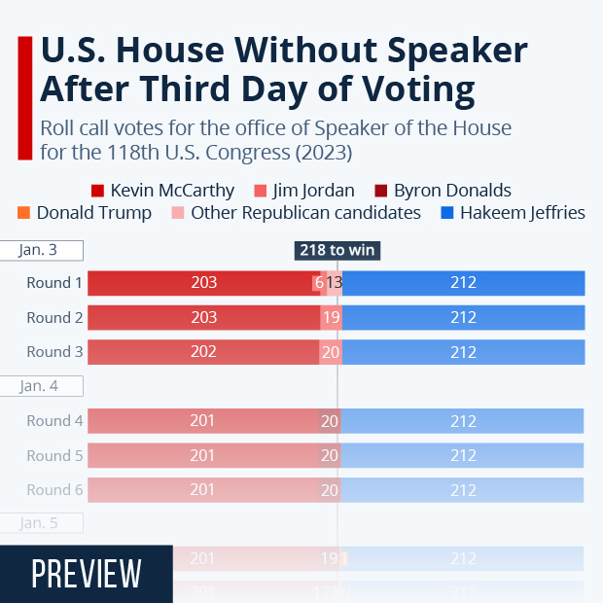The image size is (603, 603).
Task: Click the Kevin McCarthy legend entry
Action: tap(162, 191)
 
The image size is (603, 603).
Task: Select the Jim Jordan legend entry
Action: tap(303, 191)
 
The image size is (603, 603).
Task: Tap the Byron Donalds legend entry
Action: tap(442, 191)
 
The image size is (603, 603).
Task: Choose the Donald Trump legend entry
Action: tap(85, 212)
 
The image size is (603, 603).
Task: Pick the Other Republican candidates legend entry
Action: tap(296, 212)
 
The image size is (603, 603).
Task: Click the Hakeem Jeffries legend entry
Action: tap(513, 212)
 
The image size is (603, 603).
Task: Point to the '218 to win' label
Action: tap(337, 250)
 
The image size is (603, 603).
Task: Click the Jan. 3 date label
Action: tap(39, 250)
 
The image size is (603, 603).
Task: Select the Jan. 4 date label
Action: tap(39, 386)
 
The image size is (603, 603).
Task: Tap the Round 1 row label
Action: tap(54, 283)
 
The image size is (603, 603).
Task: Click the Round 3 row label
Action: tap(54, 351)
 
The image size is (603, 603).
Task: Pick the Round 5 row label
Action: tap(54, 455)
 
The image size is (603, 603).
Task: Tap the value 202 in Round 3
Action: tap(203, 351)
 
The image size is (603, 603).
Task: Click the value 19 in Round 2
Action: tap(330, 317)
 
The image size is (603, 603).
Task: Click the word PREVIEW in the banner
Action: tap(87, 574)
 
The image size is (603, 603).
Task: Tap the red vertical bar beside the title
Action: tap(24, 97)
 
